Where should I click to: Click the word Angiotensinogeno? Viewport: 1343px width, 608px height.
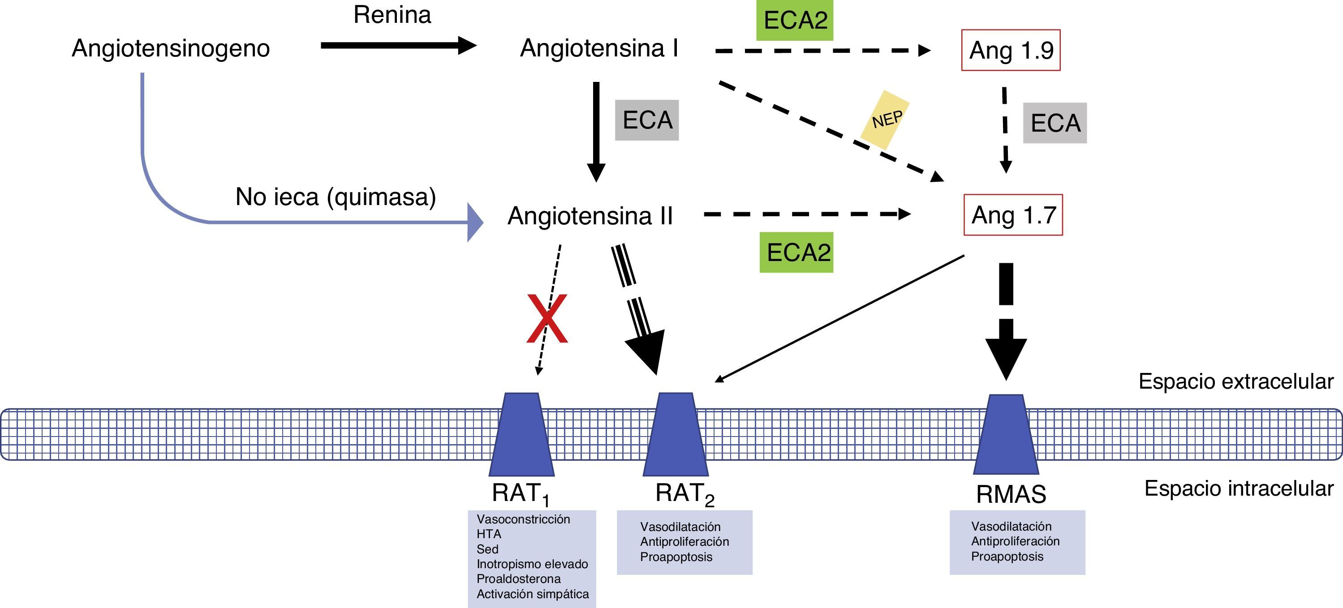coord(171,48)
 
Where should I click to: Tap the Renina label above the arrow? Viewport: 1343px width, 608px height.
coord(392,15)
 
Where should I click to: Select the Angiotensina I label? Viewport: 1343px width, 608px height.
coord(599,48)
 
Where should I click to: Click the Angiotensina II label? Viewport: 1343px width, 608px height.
coord(590,216)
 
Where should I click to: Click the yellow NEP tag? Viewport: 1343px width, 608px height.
coord(885,120)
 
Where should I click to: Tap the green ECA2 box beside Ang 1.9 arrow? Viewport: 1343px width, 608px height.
coord(795,20)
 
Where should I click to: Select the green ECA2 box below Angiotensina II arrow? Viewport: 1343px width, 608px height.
coord(796,252)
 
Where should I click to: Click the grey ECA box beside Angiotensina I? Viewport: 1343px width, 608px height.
coord(647,120)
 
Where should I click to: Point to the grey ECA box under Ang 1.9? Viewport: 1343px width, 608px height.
coord(1055,123)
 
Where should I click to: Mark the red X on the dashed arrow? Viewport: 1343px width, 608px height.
coord(547,318)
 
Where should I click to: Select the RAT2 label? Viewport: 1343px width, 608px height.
coord(684,493)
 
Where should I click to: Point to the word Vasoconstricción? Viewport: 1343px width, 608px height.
coord(523,519)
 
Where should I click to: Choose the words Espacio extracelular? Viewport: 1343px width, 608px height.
coord(1235,381)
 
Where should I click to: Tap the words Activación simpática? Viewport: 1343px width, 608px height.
coord(532,594)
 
